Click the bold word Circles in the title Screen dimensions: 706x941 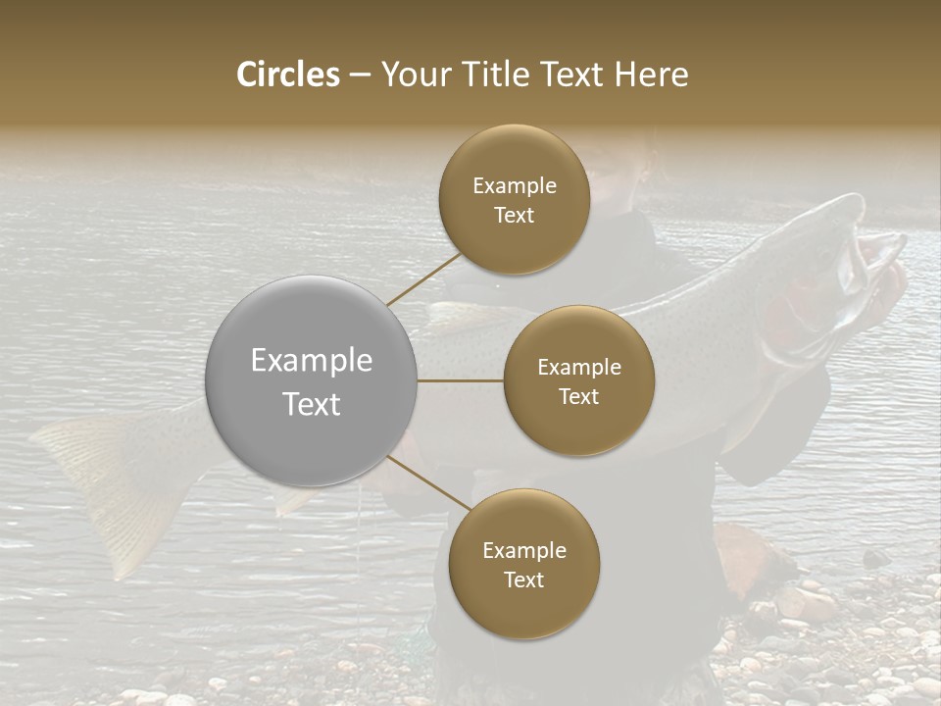pos(288,75)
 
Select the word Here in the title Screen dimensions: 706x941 pos(653,75)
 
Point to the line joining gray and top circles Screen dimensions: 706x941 pos(424,278)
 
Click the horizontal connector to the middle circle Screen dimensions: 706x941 pos(461,380)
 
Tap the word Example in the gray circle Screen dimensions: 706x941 pos(311,361)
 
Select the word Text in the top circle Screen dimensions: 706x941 pos(514,216)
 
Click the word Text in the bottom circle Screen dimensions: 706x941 pos(523,580)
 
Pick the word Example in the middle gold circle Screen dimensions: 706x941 pos(578,368)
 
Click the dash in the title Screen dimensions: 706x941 pos(360,75)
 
